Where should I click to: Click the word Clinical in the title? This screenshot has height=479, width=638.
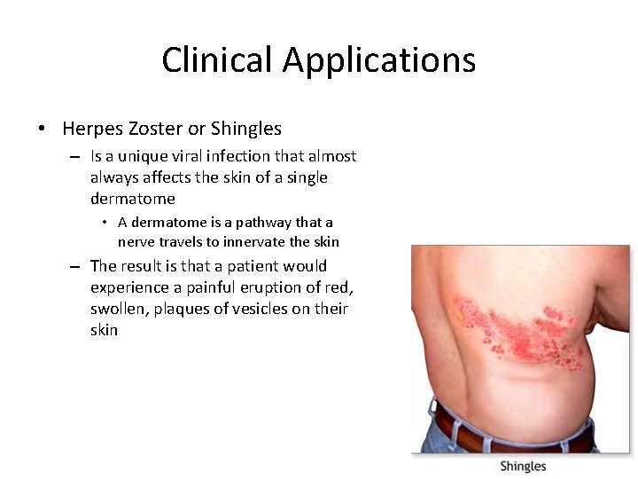[x=217, y=60]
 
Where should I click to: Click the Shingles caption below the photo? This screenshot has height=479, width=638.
[x=523, y=467]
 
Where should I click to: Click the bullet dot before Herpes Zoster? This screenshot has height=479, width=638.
[x=43, y=130]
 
